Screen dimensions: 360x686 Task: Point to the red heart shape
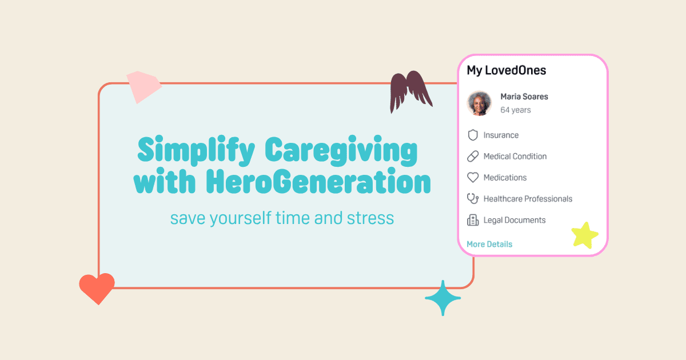tap(97, 287)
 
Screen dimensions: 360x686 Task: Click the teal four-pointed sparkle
tap(442, 298)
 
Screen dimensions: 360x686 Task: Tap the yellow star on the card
tap(585, 235)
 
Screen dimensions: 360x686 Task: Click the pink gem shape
tap(143, 86)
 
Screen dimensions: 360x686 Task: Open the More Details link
tap(489, 244)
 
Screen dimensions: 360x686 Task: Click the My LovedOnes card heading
tap(506, 70)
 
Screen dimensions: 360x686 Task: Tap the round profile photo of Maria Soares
tap(480, 103)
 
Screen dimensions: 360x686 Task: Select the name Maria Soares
tap(524, 97)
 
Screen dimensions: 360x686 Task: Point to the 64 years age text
tap(516, 110)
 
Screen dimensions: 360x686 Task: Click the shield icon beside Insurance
tap(473, 135)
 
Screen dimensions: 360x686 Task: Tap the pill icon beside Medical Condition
tap(473, 157)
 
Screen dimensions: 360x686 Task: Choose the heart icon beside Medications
tap(473, 178)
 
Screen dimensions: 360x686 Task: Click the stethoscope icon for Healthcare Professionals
tap(473, 199)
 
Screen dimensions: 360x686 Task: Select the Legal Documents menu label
tap(514, 220)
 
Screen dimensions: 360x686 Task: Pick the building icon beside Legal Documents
tap(473, 220)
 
